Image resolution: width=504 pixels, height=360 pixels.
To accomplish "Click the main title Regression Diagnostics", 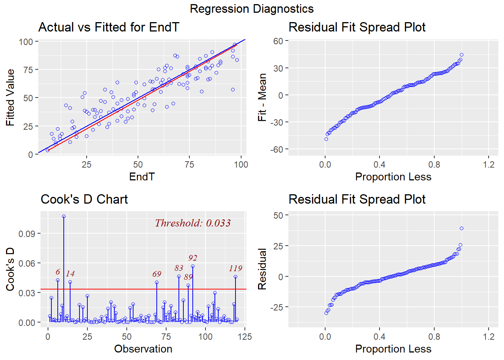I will tap(252, 9).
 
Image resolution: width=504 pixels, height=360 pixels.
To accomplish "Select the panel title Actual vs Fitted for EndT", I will tap(109, 27).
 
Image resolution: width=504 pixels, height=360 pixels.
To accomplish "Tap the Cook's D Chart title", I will tap(84, 199).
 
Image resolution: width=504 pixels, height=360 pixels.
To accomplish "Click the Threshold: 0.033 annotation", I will tap(193, 223).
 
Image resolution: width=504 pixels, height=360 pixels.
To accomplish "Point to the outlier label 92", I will tap(193, 258).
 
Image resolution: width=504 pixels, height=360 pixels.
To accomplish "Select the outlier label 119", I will tap(235, 268).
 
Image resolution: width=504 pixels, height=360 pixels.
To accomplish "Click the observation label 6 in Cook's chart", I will tap(58, 272).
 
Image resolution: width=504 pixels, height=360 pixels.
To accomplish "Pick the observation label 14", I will tap(70, 273).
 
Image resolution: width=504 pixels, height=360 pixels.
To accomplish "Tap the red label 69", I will tap(157, 274).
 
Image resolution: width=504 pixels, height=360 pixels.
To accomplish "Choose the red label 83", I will tap(179, 268).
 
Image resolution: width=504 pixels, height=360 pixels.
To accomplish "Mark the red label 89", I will tap(188, 277).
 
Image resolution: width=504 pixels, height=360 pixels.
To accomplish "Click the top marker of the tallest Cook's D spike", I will tap(64, 216).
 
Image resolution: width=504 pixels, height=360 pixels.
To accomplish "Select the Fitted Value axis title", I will tap(10, 97).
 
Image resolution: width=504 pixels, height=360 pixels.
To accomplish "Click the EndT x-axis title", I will tap(142, 177).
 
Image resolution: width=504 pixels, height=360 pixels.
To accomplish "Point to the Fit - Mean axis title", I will tap(262, 97).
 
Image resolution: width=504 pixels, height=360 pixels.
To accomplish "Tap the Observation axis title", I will tap(143, 349).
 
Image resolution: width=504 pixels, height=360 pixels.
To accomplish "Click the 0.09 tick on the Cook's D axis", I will tap(27, 234).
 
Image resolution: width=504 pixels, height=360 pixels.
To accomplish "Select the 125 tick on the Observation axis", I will tap(245, 336).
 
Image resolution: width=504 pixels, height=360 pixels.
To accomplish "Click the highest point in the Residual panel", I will tap(462, 228).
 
